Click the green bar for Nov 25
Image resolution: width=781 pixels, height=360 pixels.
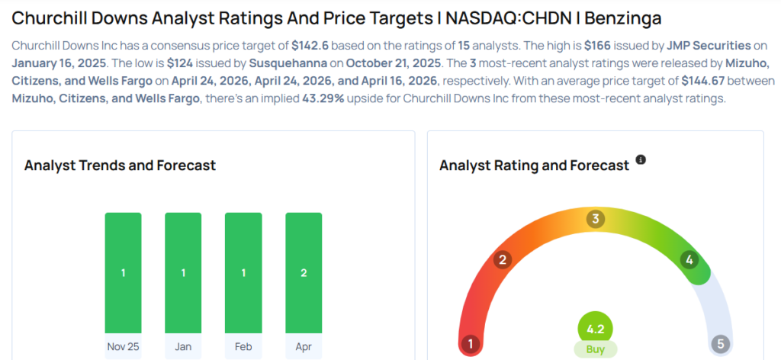click(123, 273)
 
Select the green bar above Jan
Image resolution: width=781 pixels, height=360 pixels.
click(183, 273)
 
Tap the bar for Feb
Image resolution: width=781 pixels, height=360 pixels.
click(243, 273)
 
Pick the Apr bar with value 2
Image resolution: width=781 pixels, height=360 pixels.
click(304, 273)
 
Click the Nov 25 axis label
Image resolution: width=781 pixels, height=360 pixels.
click(123, 346)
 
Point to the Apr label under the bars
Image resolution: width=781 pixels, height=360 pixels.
click(304, 346)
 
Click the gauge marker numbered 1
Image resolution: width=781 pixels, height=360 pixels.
click(471, 344)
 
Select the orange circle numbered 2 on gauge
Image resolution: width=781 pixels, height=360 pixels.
click(502, 260)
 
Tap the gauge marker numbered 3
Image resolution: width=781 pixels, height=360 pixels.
click(595, 220)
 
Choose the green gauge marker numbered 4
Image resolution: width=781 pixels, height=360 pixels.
click(689, 260)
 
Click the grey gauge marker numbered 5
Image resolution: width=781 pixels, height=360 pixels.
click(720, 344)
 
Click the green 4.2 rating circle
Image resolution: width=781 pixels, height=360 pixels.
click(595, 329)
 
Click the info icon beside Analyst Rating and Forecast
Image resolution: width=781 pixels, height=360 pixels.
click(641, 160)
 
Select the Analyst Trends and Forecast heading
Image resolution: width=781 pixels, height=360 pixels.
click(120, 166)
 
